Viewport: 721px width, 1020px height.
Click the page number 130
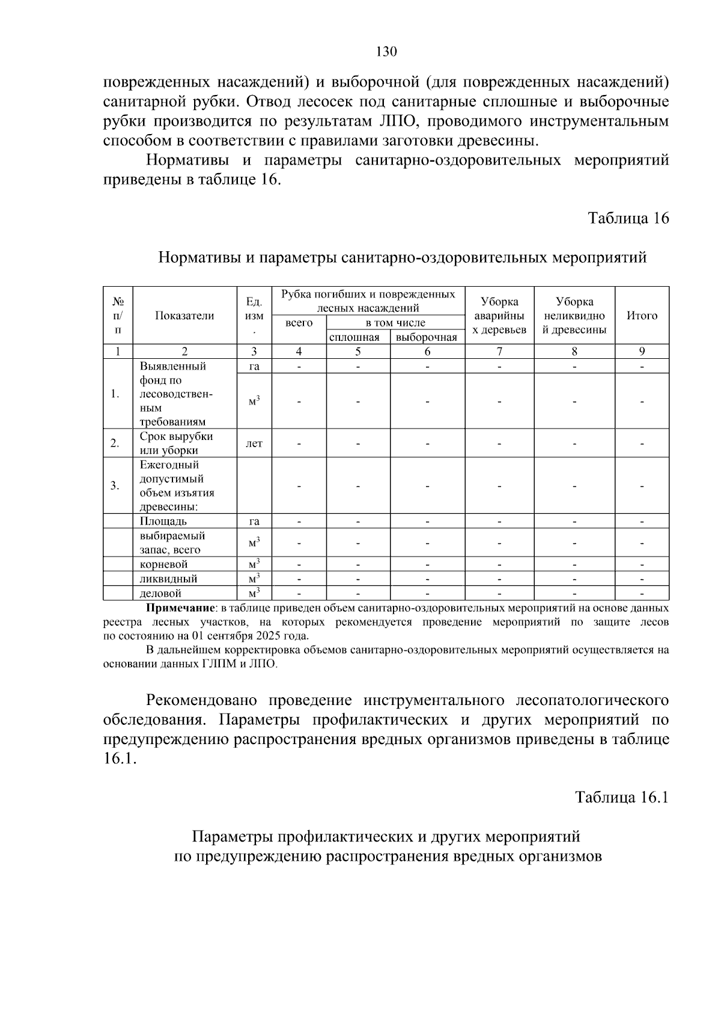coord(386,52)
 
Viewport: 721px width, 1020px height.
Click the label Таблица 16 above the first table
coord(628,218)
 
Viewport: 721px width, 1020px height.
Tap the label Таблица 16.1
coord(622,797)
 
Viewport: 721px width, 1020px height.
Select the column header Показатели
coord(184,316)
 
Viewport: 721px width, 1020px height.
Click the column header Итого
coord(642,316)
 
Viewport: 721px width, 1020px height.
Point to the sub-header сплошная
coord(358,337)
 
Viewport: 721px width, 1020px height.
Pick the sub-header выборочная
coord(427,337)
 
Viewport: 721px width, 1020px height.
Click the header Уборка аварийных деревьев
coord(499,316)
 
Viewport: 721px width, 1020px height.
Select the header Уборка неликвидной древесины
coord(574,316)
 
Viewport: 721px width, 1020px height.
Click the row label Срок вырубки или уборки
coord(176,443)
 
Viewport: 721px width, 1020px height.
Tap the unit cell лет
coord(254,444)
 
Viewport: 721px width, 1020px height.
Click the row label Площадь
coord(163,521)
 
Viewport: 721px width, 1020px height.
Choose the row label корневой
coord(163,564)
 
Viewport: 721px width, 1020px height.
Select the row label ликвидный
coord(168,579)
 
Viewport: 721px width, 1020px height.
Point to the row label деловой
coord(160,593)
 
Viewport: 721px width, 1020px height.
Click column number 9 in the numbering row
coord(642,352)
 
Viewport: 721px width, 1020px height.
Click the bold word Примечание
coord(181,608)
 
